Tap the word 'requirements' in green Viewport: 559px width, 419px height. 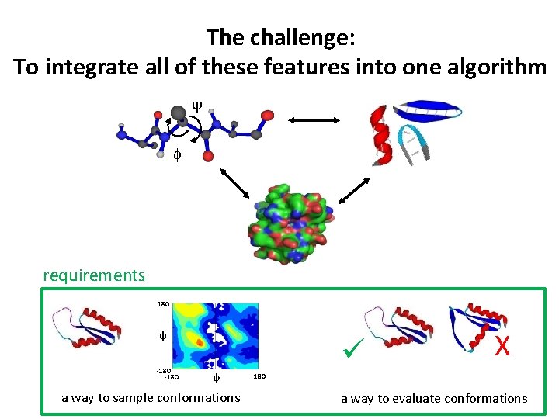94,275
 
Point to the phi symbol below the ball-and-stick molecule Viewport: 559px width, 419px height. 176,154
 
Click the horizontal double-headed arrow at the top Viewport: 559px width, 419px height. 314,119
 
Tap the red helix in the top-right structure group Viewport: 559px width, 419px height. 380,136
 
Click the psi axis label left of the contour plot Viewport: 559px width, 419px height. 163,337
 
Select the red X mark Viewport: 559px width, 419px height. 502,346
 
